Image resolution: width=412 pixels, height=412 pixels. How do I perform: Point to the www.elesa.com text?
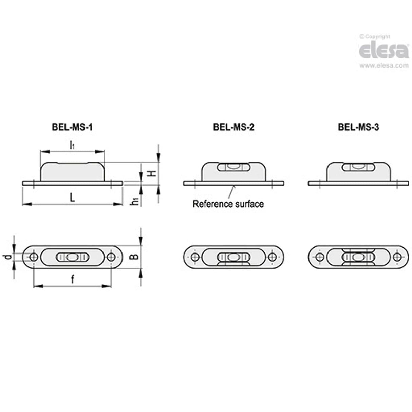point(384,65)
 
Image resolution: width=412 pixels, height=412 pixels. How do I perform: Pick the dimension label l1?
point(72,145)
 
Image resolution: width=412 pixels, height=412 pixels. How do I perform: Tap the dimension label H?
point(153,173)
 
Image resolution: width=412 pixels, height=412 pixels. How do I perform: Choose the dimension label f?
point(72,280)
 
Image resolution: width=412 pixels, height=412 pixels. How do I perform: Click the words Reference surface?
point(228,204)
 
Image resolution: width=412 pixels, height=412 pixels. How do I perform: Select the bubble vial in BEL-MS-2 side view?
point(233,167)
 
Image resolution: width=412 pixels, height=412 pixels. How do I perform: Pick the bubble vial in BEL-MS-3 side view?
point(358,167)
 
